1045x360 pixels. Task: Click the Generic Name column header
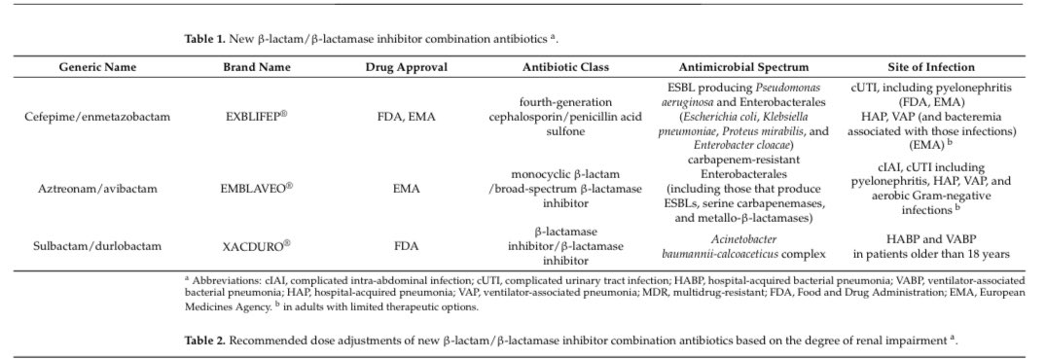[x=97, y=67]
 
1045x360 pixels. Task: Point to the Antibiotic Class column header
[x=565, y=67]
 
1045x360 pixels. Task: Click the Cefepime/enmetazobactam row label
[x=97, y=116]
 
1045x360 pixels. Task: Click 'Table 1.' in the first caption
[x=204, y=38]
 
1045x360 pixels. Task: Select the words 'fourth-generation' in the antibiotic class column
[x=564, y=102]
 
